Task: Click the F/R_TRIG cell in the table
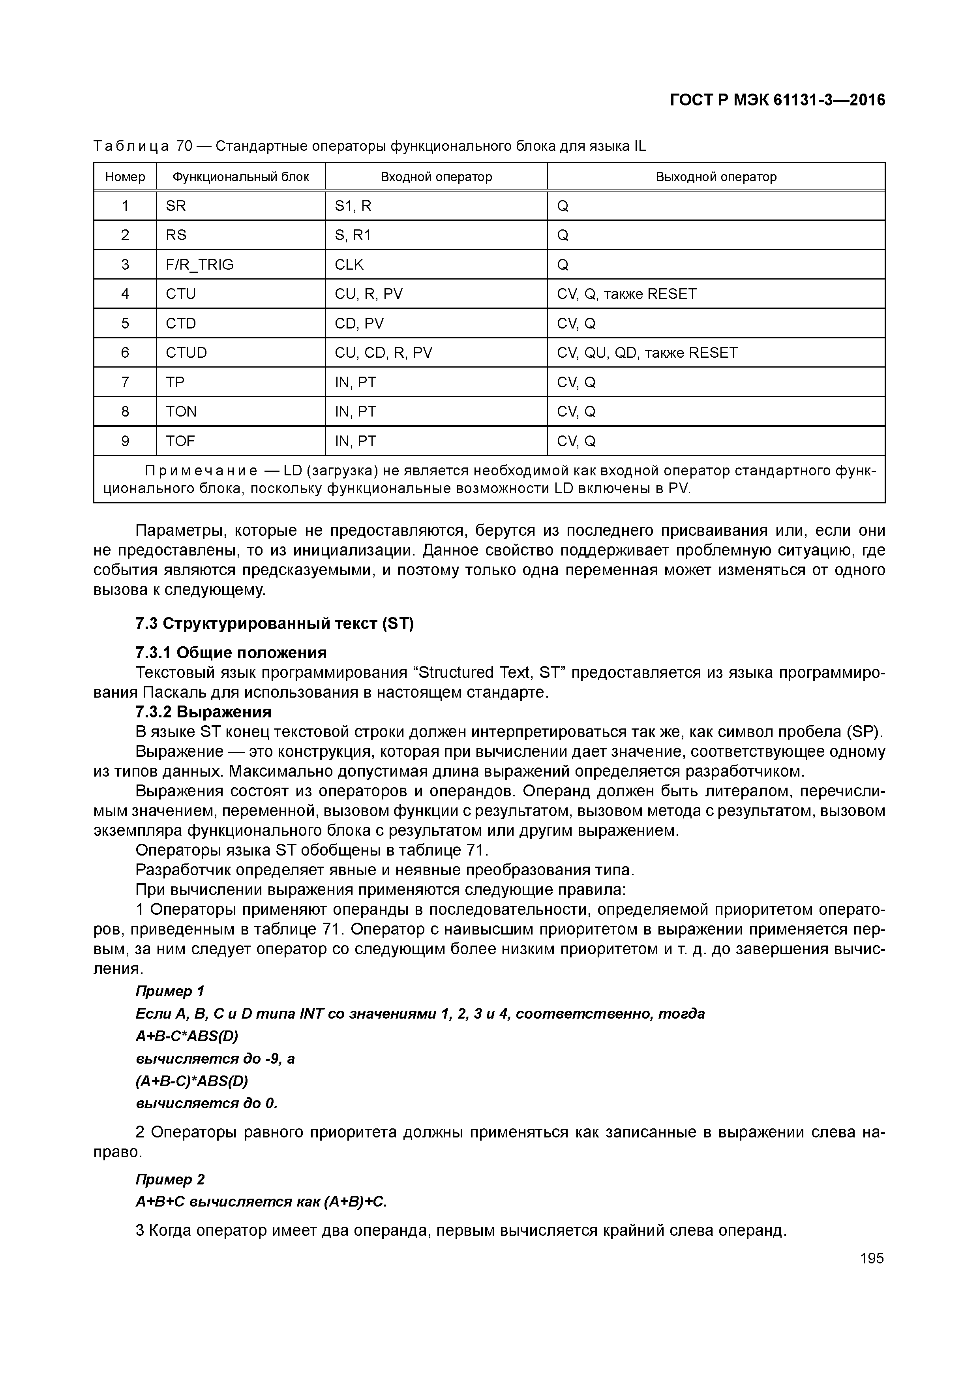pos(200,265)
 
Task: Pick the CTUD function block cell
pos(186,353)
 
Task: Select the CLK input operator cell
pos(349,265)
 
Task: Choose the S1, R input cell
pos(353,206)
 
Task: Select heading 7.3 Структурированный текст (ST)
pos(274,624)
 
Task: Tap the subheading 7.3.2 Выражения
pos(203,712)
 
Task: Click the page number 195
pos(872,1258)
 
